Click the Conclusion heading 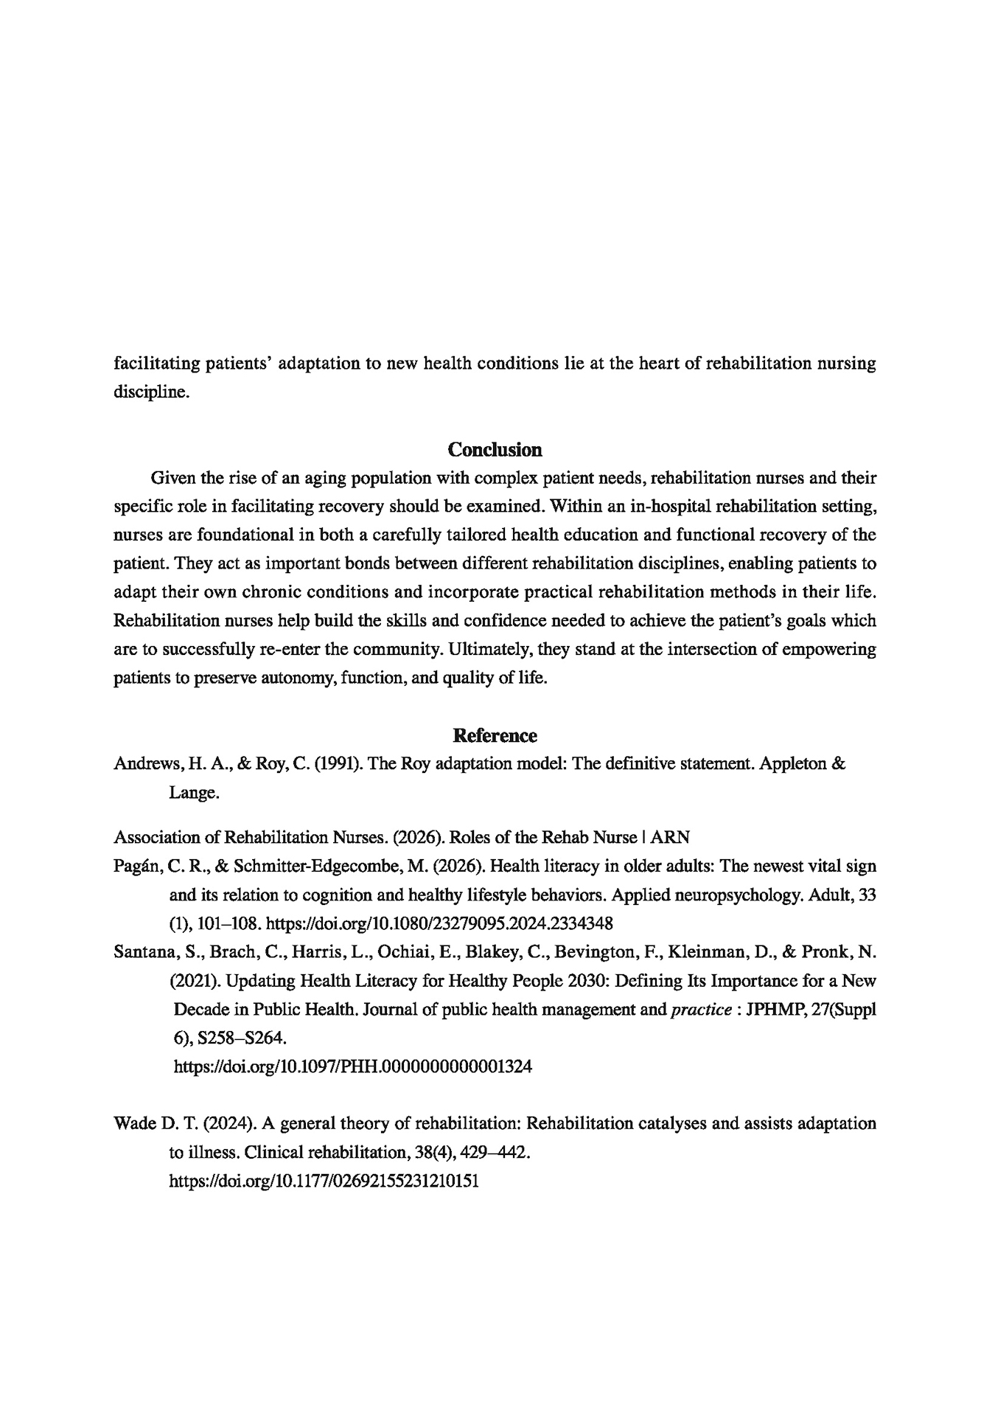point(495,449)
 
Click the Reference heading point(495,735)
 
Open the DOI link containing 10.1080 point(439,923)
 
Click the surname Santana point(142,951)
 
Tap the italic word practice point(700,1009)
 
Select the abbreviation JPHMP point(774,1009)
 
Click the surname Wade point(133,1123)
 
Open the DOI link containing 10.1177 point(324,1181)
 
